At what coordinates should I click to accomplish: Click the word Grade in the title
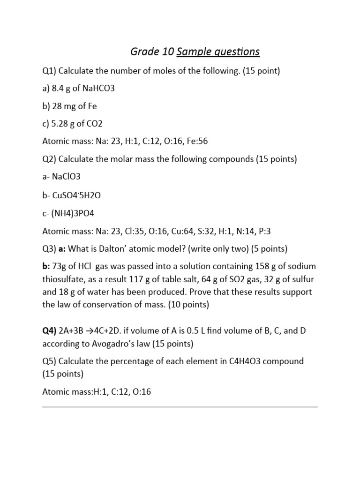click(144, 51)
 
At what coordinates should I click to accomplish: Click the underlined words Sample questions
click(218, 51)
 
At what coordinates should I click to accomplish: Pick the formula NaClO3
click(68, 177)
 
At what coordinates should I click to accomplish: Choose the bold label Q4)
click(50, 331)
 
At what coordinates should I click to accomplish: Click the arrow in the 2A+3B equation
click(96, 331)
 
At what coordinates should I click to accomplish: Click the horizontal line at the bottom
click(180, 407)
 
